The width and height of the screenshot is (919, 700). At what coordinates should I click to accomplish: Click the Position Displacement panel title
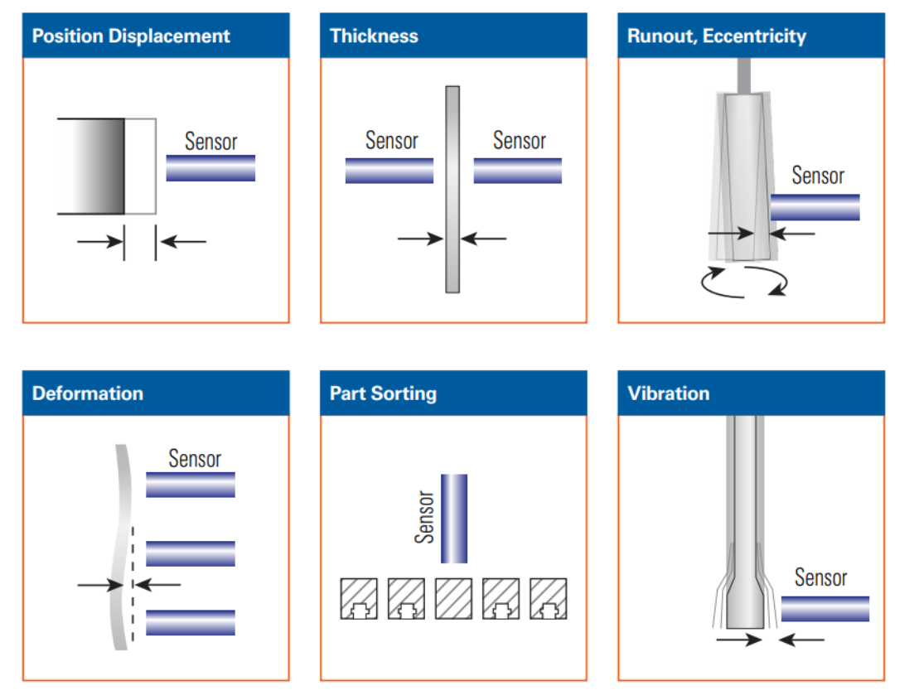[131, 36]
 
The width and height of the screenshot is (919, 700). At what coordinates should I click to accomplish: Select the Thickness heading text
[374, 36]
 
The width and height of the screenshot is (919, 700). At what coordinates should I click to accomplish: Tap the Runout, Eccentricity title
[716, 36]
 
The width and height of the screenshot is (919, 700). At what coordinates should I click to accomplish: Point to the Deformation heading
[88, 393]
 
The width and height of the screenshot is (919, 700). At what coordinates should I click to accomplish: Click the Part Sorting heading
[383, 393]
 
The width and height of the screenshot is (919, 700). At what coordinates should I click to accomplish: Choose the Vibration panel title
[668, 393]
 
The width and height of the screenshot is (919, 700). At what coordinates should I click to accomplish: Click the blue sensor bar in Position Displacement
[210, 167]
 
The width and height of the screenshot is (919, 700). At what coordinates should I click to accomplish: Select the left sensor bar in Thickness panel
[389, 171]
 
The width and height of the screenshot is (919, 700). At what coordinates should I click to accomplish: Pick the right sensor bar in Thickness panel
[517, 171]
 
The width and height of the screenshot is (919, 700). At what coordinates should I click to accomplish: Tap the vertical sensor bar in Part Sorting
[453, 519]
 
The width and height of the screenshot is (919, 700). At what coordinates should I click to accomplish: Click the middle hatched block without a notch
[453, 598]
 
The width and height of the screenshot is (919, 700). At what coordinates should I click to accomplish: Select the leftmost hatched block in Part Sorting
[358, 598]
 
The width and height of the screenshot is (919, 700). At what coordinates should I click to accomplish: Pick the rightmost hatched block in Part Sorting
[548, 598]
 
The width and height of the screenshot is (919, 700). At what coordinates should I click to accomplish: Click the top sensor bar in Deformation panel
[191, 485]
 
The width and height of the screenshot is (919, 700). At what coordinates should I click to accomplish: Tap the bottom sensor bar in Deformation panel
[191, 622]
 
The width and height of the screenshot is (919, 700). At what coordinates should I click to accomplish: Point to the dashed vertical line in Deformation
[133, 580]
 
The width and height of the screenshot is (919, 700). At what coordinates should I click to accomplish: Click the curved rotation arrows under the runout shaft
[742, 282]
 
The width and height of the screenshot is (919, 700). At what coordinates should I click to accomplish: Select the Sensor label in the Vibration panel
[820, 577]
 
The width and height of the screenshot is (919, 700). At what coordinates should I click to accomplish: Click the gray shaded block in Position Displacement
[91, 167]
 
